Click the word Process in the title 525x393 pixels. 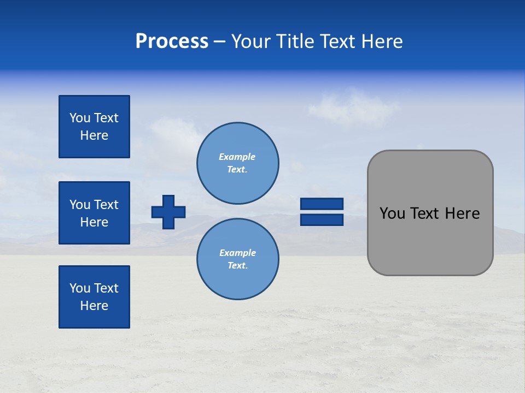pyautogui.click(x=172, y=41)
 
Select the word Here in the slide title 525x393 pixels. pyautogui.click(x=381, y=41)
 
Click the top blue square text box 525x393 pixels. pyautogui.click(x=94, y=127)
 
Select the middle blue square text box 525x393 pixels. pyautogui.click(x=94, y=213)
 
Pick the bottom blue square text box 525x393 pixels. pyautogui.click(x=94, y=297)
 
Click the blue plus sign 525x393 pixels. pyautogui.click(x=168, y=212)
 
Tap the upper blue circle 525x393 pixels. pyautogui.click(x=238, y=163)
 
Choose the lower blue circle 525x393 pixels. pyautogui.click(x=238, y=259)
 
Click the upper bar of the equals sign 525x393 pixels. pyautogui.click(x=322, y=204)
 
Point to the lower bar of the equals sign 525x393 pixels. pyautogui.click(x=322, y=220)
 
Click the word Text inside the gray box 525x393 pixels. pyautogui.click(x=424, y=213)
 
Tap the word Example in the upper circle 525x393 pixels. pyautogui.click(x=237, y=157)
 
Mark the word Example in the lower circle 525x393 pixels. pyautogui.click(x=237, y=253)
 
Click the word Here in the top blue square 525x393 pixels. pyautogui.click(x=94, y=135)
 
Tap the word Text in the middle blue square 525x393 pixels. pyautogui.click(x=107, y=205)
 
